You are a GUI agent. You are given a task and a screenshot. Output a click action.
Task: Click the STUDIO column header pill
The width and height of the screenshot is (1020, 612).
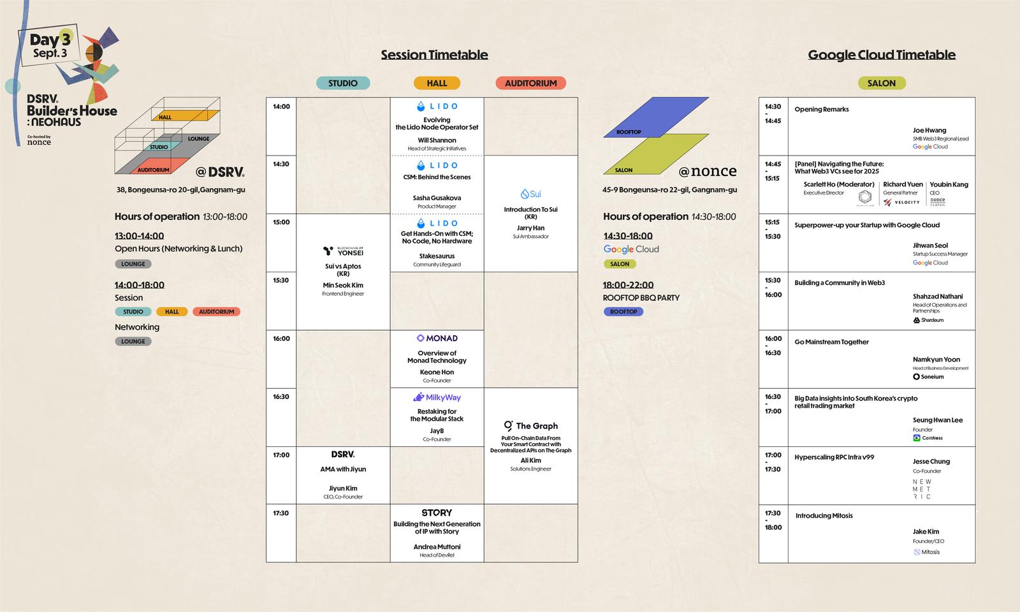343,83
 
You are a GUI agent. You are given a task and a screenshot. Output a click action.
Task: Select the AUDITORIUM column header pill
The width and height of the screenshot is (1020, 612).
530,83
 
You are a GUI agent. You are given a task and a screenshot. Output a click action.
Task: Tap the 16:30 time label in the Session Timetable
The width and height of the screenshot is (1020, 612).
281,397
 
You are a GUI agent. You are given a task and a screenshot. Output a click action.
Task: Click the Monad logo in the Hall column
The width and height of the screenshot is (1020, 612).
437,339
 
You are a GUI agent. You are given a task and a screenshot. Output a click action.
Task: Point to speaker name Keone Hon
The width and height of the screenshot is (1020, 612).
437,372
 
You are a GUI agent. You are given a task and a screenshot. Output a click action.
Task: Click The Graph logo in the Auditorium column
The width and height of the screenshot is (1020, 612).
530,426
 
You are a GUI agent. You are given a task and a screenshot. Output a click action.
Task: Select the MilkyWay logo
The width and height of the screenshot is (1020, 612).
437,397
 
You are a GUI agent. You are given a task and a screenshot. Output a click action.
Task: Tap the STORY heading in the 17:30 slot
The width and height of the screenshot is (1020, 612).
437,513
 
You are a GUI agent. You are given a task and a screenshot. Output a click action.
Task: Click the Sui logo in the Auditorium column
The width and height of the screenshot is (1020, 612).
530,194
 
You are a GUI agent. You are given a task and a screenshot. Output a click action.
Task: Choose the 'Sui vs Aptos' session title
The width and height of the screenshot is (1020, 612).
343,266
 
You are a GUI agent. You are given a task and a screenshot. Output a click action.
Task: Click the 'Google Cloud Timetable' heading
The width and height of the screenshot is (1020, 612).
882,55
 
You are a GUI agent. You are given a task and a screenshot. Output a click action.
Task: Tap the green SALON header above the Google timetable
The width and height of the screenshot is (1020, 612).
882,83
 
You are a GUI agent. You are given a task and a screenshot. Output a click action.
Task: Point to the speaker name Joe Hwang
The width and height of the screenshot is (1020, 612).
929,130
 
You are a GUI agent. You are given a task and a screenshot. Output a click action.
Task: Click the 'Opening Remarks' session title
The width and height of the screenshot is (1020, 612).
821,110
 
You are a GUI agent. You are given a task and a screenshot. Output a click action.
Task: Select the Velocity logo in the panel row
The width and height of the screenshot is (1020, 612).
901,202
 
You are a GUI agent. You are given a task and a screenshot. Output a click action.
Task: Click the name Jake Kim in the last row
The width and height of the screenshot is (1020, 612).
926,532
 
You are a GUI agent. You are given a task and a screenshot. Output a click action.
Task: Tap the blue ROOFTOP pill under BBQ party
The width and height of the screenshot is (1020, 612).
623,312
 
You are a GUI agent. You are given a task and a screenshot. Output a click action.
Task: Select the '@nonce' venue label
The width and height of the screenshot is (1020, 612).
707,171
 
